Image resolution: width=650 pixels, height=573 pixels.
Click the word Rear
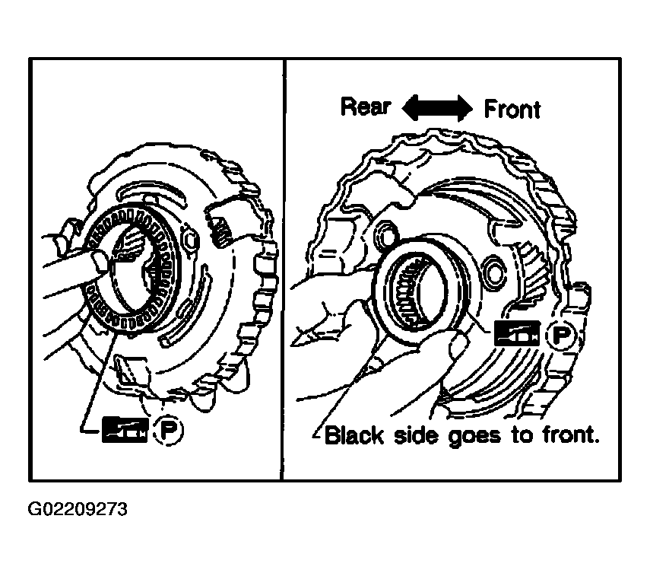pyautogui.click(x=366, y=107)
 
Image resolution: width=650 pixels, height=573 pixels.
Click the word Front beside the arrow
pyautogui.click(x=512, y=109)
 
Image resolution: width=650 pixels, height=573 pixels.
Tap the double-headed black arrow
pyautogui.click(x=437, y=108)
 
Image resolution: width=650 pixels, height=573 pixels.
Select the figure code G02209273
pyautogui.click(x=78, y=509)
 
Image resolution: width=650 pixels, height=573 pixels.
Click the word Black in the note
pyautogui.click(x=354, y=435)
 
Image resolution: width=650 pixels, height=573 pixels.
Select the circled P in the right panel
pyautogui.click(x=560, y=334)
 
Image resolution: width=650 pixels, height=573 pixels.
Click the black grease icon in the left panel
pyautogui.click(x=125, y=430)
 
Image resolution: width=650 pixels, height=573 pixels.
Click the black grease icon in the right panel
pyautogui.click(x=518, y=333)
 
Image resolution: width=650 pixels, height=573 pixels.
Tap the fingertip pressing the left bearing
pyautogui.click(x=100, y=263)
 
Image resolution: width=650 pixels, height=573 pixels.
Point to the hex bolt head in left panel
pyautogui.click(x=190, y=240)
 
